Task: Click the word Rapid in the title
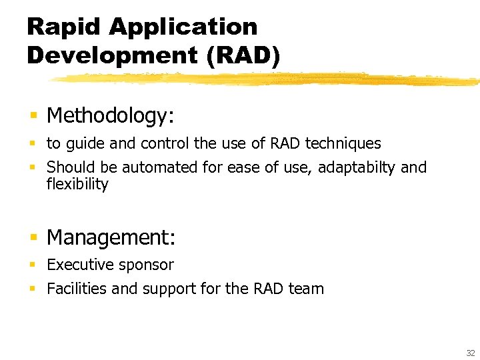[63, 27]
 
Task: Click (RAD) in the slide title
[244, 55]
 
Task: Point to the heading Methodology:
[111, 116]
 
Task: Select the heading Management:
[111, 237]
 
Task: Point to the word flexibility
[77, 184]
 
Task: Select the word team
[306, 289]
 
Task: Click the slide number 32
[471, 353]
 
